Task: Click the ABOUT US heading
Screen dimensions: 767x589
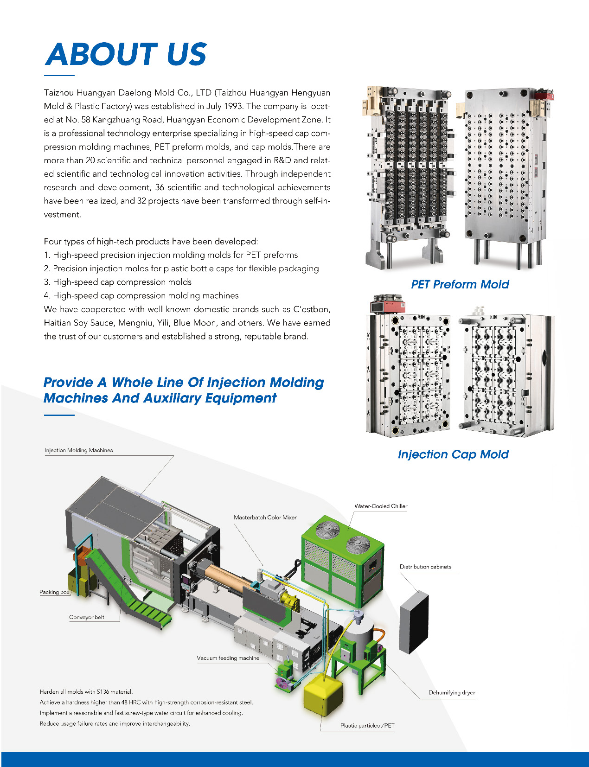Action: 126,54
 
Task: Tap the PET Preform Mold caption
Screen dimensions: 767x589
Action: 460,284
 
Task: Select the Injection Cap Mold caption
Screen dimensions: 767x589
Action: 453,454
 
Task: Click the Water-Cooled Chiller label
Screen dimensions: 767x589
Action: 381,506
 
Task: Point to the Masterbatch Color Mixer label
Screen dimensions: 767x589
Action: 265,518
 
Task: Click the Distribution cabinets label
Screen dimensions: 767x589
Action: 425,567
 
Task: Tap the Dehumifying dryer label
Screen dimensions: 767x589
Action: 452,692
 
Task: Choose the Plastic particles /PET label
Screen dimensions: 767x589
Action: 367,726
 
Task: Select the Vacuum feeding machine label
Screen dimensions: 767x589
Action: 228,658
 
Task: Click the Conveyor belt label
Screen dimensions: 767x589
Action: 87,617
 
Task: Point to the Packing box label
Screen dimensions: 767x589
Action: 54,592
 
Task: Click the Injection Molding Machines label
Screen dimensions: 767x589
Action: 79,450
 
